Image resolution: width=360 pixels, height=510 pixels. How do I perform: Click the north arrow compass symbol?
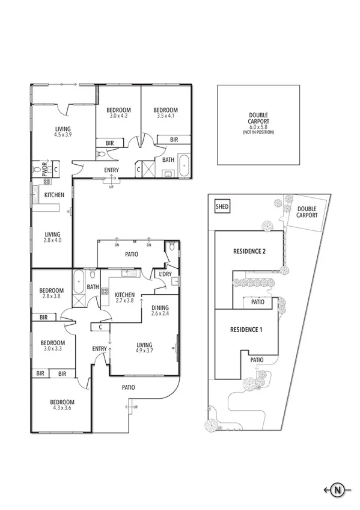coord(338,490)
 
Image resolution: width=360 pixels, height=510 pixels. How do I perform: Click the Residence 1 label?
coord(246,330)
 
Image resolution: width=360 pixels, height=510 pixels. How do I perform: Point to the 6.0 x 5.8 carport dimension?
coord(258,127)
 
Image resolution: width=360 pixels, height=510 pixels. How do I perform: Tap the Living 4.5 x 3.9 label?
coord(63,132)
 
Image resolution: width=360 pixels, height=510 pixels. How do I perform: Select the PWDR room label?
coord(44,170)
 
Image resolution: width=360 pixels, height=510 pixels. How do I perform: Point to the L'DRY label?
coord(165,274)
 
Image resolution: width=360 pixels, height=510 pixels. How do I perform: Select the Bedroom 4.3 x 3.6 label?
coord(62,405)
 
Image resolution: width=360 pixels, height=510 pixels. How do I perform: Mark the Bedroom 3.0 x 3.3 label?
coord(53,344)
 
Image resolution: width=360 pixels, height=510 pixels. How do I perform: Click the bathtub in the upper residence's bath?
coord(183,163)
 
